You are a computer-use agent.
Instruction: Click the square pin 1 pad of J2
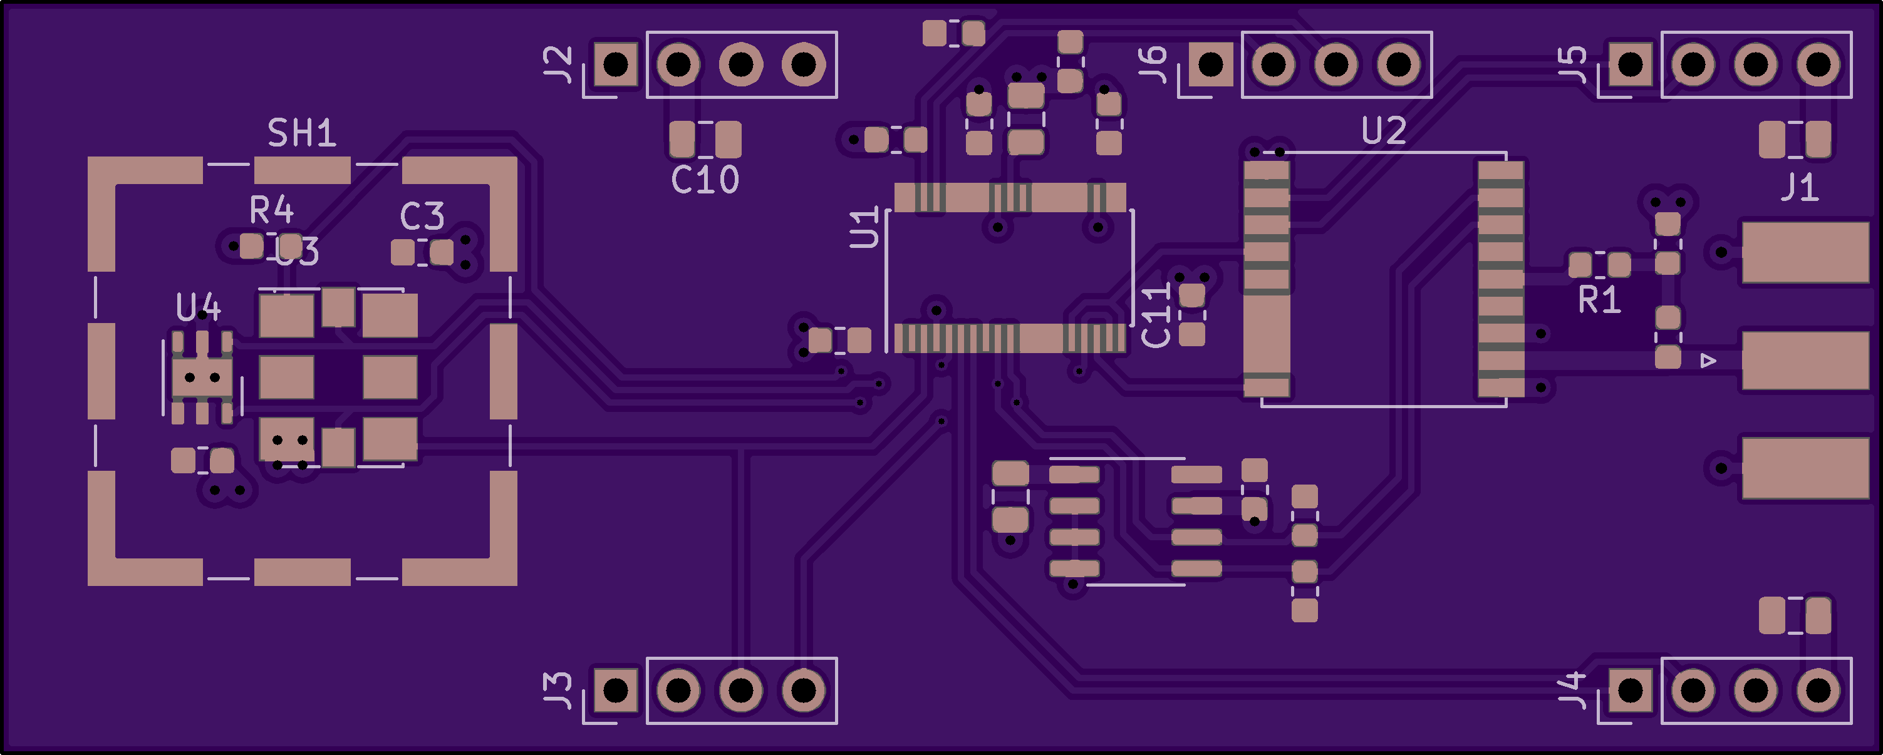(616, 64)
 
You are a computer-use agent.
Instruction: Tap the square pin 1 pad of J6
(1210, 64)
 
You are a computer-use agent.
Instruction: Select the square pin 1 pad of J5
(1630, 64)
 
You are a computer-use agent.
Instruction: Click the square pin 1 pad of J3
(616, 690)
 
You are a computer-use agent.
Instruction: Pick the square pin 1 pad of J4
(1630, 690)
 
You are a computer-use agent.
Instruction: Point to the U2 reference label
(1384, 131)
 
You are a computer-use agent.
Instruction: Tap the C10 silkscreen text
(705, 180)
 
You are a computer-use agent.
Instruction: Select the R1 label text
(1599, 300)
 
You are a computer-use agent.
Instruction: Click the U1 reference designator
(864, 227)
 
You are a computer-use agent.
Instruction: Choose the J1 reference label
(1799, 187)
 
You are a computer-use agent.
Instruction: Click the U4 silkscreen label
(198, 308)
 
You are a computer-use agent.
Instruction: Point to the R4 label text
(271, 210)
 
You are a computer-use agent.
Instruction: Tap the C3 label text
(422, 217)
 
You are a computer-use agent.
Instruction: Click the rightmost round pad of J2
(803, 64)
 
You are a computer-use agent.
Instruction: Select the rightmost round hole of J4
(1818, 690)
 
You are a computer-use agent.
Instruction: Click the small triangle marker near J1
(1708, 361)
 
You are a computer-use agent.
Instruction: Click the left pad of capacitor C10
(682, 139)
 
